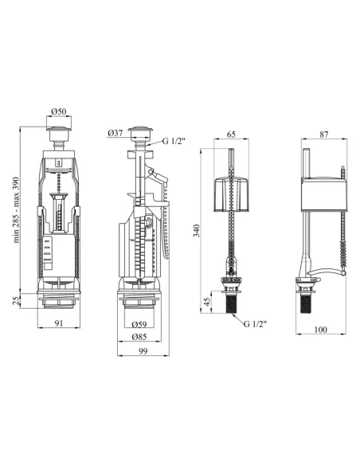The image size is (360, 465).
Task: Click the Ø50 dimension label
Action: (59, 111)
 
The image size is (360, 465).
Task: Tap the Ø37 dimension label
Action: (115, 133)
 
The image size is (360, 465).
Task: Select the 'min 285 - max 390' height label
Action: (16, 209)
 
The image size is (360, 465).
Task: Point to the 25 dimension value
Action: (16, 300)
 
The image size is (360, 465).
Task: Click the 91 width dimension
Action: (59, 323)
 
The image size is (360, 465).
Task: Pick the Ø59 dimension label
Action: (139, 324)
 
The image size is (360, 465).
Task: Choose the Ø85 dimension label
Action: (139, 337)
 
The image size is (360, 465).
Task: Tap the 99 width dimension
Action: (143, 351)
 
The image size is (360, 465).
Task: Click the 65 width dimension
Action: (231, 135)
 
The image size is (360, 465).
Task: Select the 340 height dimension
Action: (197, 231)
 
